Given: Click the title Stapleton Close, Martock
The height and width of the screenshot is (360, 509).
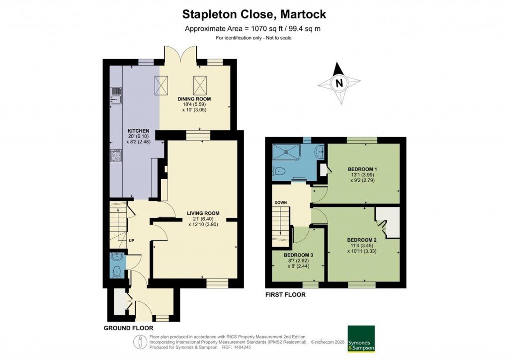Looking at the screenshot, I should point(254,13).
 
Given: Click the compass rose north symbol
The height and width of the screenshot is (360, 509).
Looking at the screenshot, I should point(339,83).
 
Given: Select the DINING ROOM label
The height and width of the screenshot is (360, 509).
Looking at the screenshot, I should point(194,99).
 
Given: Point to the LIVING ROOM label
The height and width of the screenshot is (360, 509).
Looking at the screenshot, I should point(203,213).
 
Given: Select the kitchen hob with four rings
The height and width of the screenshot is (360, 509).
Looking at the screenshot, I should point(116,156).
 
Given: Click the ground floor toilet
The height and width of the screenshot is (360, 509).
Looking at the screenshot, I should point(117,271).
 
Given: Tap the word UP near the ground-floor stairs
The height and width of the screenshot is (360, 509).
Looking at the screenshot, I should point(132,241).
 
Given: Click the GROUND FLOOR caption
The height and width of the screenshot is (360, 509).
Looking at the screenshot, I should point(128,328).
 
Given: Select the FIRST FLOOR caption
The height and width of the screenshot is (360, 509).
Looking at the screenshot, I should point(285,295).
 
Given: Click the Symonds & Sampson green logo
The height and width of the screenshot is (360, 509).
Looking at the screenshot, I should point(361,339).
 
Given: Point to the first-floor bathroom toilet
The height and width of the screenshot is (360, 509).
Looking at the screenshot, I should point(280,172).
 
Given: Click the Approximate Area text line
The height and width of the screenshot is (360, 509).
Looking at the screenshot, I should point(253,28).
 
